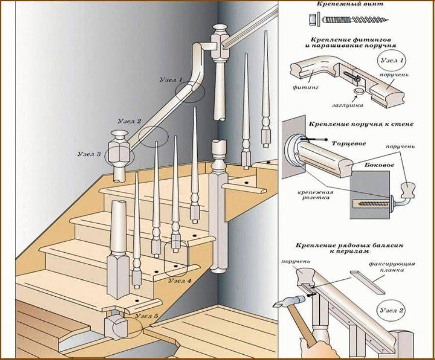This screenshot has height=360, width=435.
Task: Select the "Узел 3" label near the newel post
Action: pyautogui.click(x=89, y=154)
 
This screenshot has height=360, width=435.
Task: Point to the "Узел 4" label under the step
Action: pyautogui.click(x=180, y=280)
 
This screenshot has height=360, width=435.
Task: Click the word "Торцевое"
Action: pyautogui.click(x=348, y=144)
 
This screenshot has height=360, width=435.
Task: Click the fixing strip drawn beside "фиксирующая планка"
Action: pyautogui.click(x=368, y=282)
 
